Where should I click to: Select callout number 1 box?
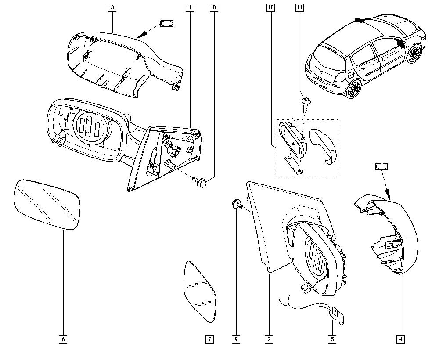pyautogui.click(x=190, y=7)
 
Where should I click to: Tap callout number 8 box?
pyautogui.click(x=214, y=7)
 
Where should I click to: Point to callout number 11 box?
pyautogui.click(x=299, y=7)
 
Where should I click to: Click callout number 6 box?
pyautogui.click(x=63, y=339)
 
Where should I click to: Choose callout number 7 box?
pyautogui.click(x=210, y=339)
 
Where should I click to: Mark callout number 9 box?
pyautogui.click(x=236, y=339)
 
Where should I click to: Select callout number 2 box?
pyautogui.click(x=269, y=339)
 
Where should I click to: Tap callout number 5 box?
pyautogui.click(x=332, y=339)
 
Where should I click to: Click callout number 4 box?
pyautogui.click(x=400, y=339)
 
